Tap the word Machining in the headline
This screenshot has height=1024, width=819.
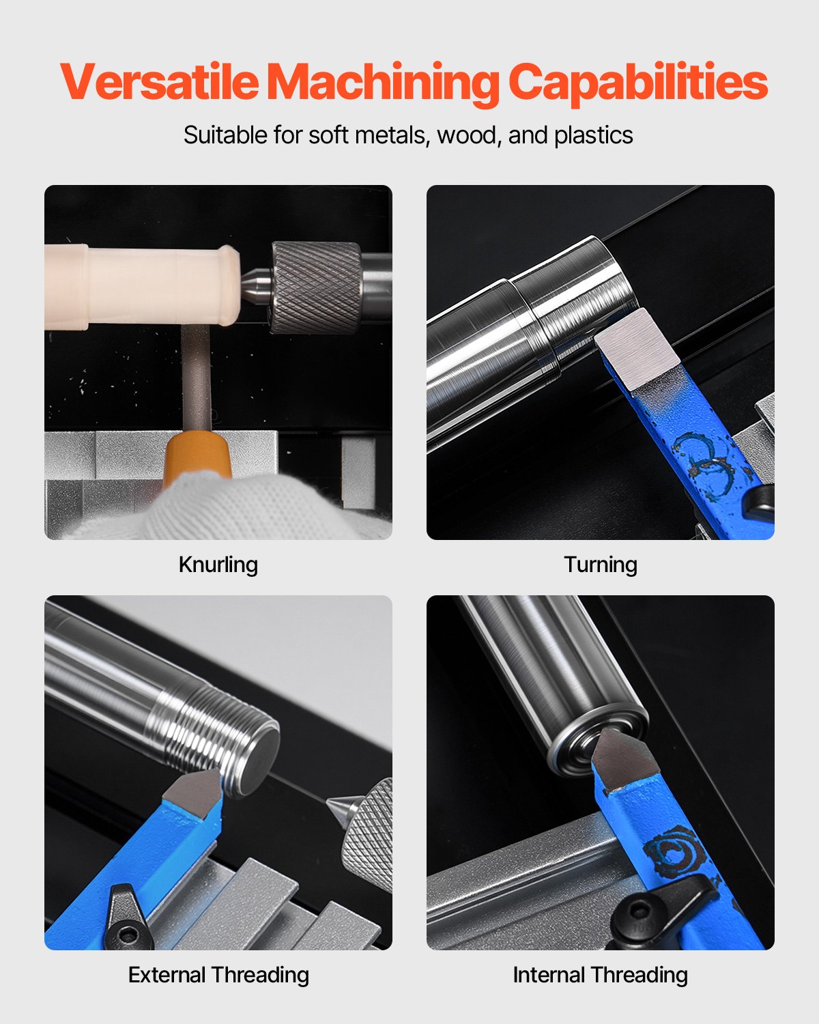pyautogui.click(x=383, y=83)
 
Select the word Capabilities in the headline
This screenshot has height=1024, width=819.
pyautogui.click(x=638, y=83)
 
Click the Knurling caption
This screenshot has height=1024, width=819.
pyautogui.click(x=218, y=565)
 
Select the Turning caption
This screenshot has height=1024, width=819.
pyautogui.click(x=601, y=565)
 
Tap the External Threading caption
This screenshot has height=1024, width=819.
pyautogui.click(x=218, y=975)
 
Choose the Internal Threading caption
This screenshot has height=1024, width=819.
pyautogui.click(x=601, y=975)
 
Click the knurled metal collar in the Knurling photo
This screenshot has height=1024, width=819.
pyautogui.click(x=316, y=287)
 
